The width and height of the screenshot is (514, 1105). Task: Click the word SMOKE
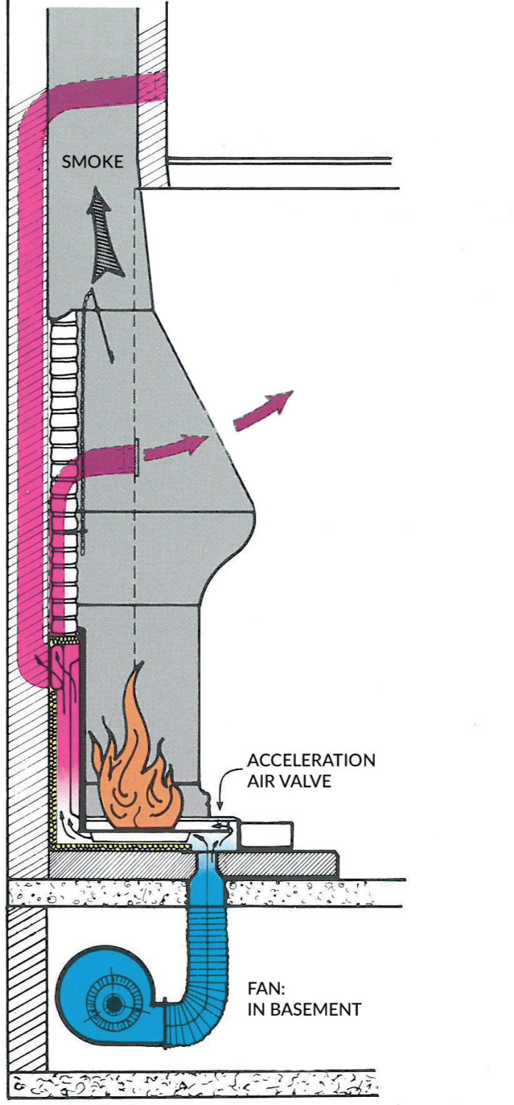click(92, 161)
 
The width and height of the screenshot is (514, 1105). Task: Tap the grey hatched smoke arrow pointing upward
click(105, 236)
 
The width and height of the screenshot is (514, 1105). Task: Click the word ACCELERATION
click(311, 760)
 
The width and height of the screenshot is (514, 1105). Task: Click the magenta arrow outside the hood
click(264, 410)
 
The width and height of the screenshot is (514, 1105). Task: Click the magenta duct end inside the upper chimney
click(155, 86)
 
